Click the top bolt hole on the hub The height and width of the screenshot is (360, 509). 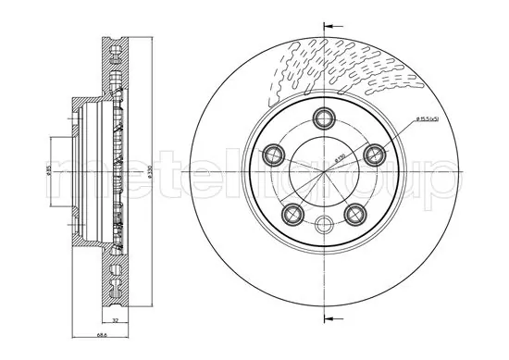click(323, 117)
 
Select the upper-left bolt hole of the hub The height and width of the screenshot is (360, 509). click(274, 153)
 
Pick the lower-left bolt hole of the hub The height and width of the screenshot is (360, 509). click(292, 213)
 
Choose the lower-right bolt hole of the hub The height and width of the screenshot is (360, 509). click(354, 213)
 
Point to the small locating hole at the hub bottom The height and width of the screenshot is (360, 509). click(323, 223)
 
